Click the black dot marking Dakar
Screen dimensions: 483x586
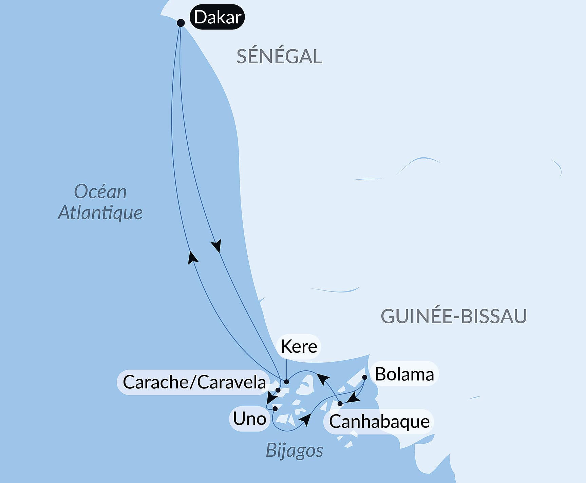pos(181,23)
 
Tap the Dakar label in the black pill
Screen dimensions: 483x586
pos(218,17)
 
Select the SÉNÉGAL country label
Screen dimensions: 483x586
pos(279,57)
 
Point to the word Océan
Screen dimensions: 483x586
pos(100,192)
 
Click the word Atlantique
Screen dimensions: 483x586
pos(100,213)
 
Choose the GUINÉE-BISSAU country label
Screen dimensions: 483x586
pos(454,316)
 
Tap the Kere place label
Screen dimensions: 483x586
pos(299,346)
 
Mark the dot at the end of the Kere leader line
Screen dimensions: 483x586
pos(286,382)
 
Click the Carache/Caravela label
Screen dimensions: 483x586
pos(194,382)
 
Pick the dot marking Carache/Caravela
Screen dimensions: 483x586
pos(278,390)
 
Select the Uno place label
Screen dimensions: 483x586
pos(249,419)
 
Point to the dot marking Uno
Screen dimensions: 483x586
pos(275,409)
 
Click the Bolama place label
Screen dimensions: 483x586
pos(404,375)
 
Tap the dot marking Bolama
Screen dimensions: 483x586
pos(365,377)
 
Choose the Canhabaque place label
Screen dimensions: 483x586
pos(379,422)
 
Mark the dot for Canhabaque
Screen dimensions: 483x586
pos(340,404)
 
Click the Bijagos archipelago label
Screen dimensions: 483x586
pos(295,450)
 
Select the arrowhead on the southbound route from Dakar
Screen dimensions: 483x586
pos(216,245)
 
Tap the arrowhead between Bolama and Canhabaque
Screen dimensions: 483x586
pos(353,398)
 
